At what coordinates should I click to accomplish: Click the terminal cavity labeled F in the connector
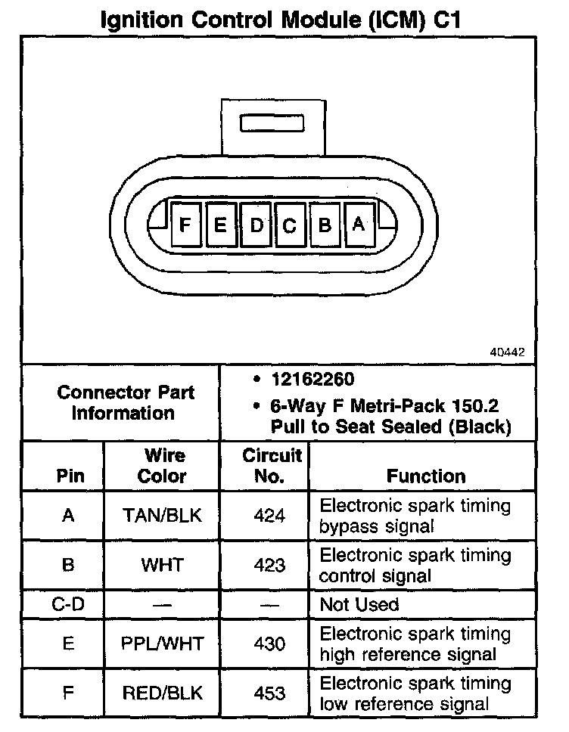point(185,224)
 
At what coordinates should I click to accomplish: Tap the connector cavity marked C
point(289,225)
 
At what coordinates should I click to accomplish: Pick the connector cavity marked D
point(256,225)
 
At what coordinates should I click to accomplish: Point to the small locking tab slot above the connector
point(272,123)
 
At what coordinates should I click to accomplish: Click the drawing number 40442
point(506,352)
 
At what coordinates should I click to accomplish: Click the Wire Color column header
point(163,466)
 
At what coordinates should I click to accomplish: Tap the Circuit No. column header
point(272,466)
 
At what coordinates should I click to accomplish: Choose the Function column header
point(426,476)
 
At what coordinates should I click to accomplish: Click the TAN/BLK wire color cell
point(163,516)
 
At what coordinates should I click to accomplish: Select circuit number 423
point(270,565)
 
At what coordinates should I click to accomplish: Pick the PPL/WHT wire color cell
point(162,644)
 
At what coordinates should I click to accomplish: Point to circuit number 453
point(270,693)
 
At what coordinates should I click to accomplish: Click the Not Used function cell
point(359,604)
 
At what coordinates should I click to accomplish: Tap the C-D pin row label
point(67,604)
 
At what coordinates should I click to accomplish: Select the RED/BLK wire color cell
point(163,693)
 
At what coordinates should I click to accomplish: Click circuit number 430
point(270,644)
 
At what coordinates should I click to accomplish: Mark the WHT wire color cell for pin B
point(163,565)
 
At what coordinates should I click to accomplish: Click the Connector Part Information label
point(126,403)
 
